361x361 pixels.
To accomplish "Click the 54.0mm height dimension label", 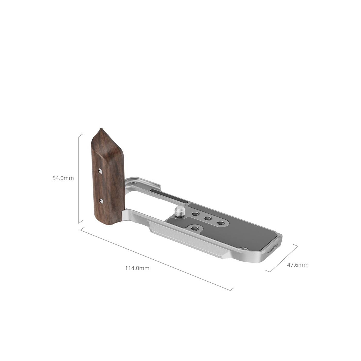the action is tap(63, 178).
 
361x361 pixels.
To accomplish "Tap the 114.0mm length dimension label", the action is tap(137, 268).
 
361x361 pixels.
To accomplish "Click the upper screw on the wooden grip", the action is tap(100, 171).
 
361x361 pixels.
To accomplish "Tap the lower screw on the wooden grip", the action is tap(101, 201).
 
